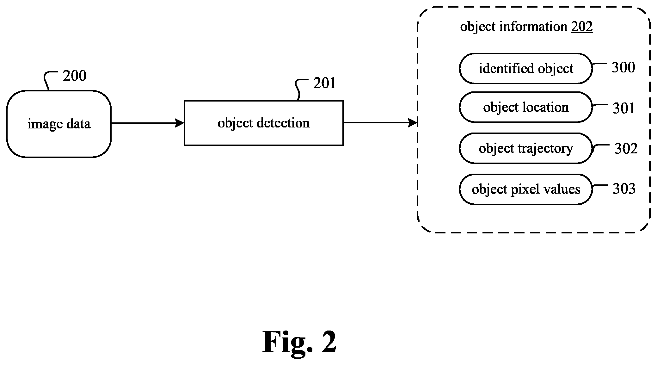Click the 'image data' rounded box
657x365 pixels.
click(59, 124)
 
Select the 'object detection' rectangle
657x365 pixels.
click(263, 123)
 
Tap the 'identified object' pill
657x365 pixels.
click(525, 69)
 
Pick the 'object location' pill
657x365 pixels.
click(525, 107)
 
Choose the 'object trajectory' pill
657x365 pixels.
click(525, 148)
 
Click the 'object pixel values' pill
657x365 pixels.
click(525, 189)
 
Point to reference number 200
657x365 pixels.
click(74, 76)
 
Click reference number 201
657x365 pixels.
click(324, 83)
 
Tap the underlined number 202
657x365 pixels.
click(581, 27)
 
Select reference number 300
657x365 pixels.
click(623, 67)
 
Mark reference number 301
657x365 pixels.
click(624, 108)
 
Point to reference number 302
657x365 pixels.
click(626, 148)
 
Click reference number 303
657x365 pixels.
click(624, 189)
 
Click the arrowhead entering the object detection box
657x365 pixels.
click(180, 123)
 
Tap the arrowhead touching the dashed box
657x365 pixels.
click(413, 123)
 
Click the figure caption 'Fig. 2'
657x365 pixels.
click(299, 342)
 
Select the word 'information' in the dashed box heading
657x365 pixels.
click(533, 27)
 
